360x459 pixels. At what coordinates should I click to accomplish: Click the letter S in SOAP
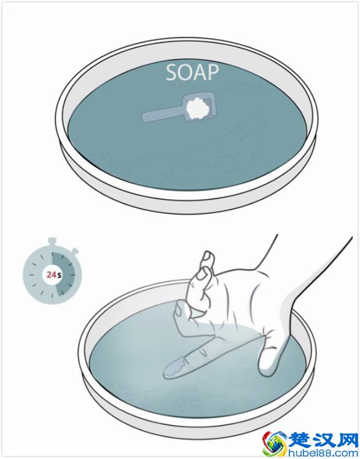[171, 73]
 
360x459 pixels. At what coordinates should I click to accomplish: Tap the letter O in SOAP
[185, 73]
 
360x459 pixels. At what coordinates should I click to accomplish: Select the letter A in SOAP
[200, 73]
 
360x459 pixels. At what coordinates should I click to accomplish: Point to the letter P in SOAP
[213, 73]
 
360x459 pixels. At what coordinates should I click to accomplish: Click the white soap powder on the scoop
[198, 108]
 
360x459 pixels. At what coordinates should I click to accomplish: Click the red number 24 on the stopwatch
[51, 275]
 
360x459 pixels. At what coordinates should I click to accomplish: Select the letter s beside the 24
[59, 275]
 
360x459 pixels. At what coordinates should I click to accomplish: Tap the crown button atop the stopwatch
[52, 241]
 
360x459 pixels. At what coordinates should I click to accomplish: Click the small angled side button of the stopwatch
[75, 251]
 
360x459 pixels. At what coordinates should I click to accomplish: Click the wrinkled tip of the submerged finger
[174, 369]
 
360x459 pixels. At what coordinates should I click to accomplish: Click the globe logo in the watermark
[274, 443]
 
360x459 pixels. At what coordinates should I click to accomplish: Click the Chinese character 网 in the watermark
[347, 440]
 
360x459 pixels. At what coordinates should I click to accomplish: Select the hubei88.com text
[323, 452]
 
